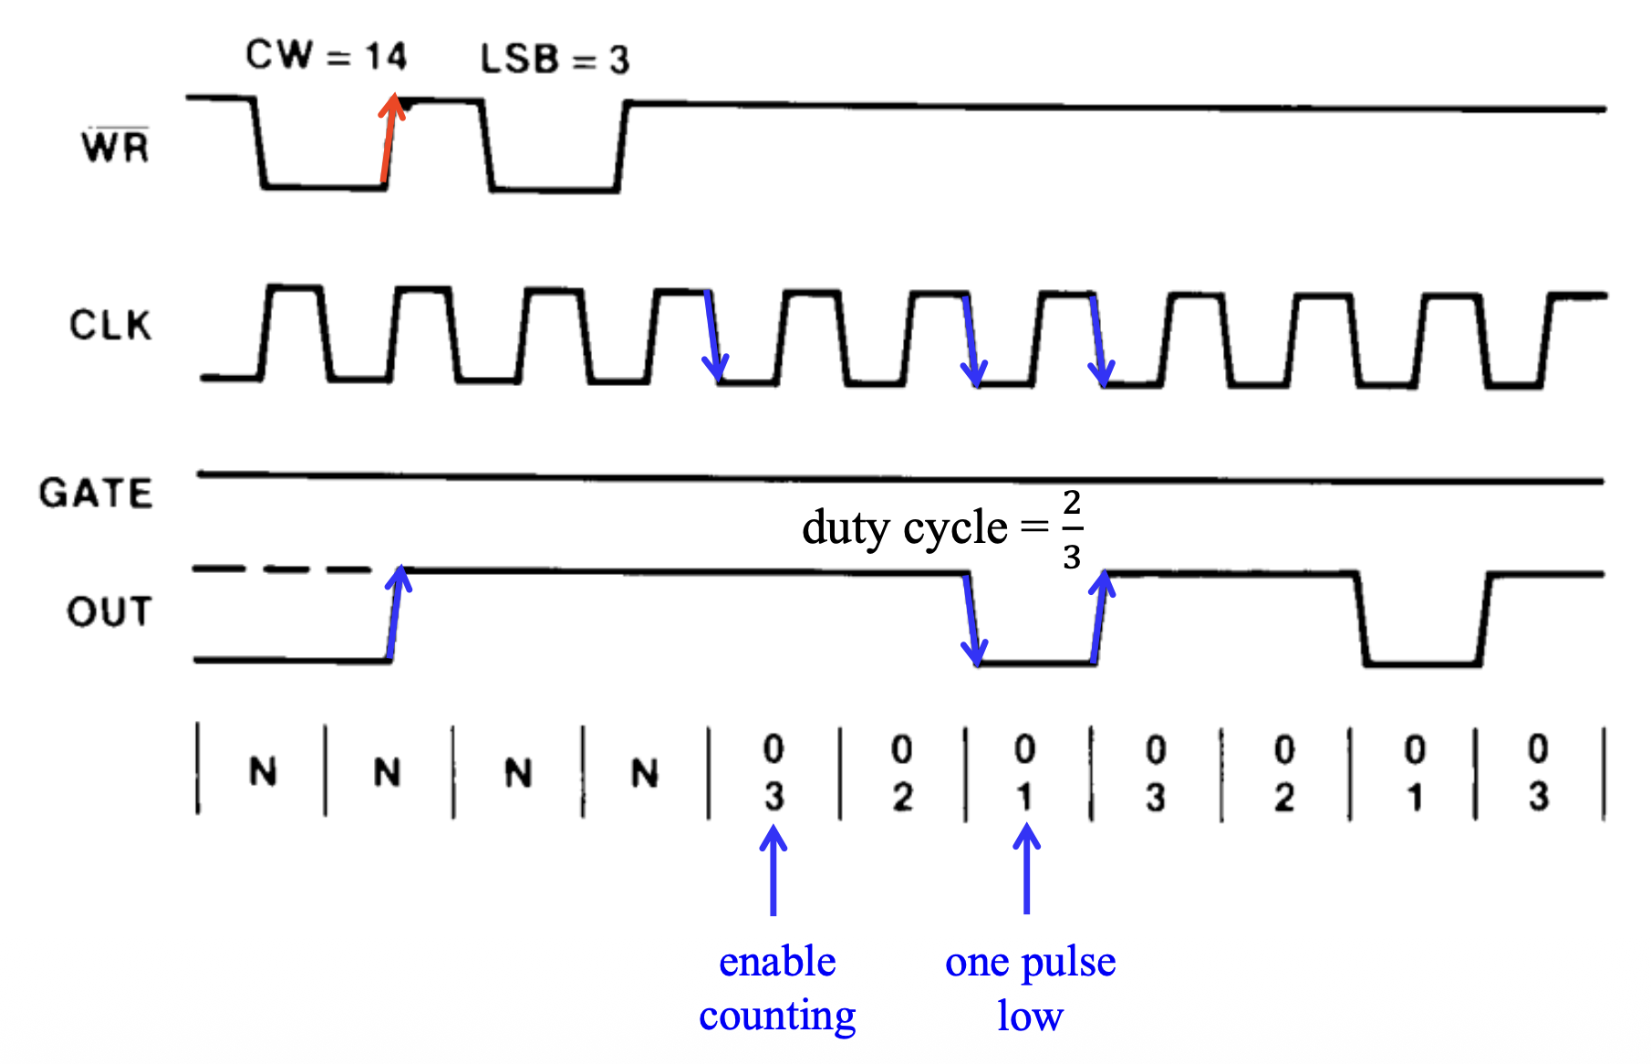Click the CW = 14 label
tap(326, 56)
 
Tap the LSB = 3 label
tap(555, 59)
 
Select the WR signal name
tap(115, 146)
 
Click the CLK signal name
tap(110, 325)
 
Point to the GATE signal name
tap(96, 493)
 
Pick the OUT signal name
tap(109, 611)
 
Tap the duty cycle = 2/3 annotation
tap(942, 528)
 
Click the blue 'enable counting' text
tap(777, 988)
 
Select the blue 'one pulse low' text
tap(1030, 988)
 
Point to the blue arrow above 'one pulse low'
tap(1027, 868)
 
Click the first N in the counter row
tap(263, 772)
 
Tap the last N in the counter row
tap(645, 774)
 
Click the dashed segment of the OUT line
tap(283, 569)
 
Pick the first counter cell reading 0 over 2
tap(902, 773)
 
